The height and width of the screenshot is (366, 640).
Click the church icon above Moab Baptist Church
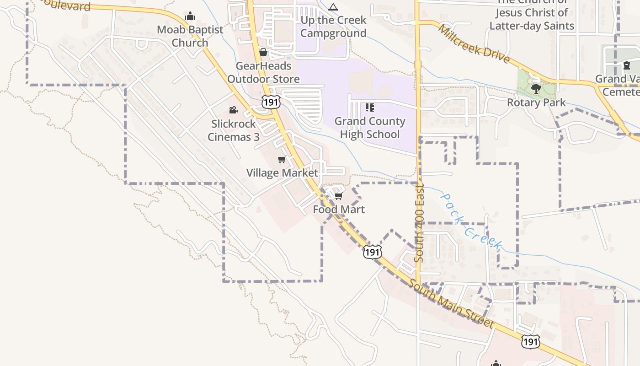(x=190, y=16)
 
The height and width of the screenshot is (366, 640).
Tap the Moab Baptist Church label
(x=190, y=36)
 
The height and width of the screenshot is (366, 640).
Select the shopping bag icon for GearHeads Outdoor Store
(x=263, y=53)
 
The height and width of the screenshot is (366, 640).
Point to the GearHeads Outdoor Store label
(x=263, y=72)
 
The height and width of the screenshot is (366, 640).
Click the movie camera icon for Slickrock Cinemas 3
(x=233, y=110)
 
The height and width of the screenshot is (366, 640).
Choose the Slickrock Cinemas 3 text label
(x=234, y=130)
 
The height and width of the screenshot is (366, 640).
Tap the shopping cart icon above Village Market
(x=282, y=160)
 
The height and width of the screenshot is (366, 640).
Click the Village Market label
(x=282, y=173)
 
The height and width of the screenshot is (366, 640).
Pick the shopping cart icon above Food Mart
(x=338, y=196)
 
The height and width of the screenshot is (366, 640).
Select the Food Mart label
(x=339, y=210)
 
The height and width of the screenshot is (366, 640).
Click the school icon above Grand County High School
(x=370, y=108)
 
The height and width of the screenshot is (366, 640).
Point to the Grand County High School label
(x=370, y=128)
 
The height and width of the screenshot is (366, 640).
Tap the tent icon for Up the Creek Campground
(x=333, y=7)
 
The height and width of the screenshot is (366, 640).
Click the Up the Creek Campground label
(x=333, y=27)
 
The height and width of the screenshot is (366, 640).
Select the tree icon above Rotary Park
(x=536, y=89)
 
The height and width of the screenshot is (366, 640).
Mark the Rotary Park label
(x=536, y=102)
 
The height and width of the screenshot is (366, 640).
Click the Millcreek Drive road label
(x=474, y=44)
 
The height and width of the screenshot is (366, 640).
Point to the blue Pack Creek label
(x=471, y=221)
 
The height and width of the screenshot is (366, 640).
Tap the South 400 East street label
(x=420, y=223)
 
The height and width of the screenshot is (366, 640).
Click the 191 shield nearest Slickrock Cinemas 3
(x=271, y=102)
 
